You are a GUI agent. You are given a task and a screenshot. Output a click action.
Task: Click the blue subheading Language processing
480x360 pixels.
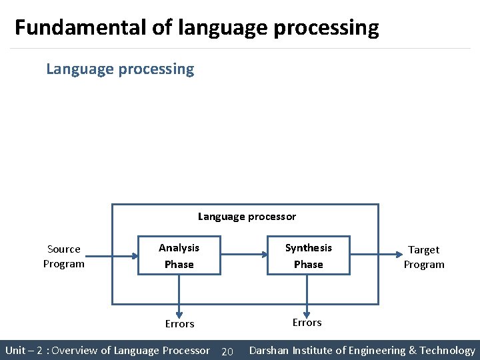[120, 69]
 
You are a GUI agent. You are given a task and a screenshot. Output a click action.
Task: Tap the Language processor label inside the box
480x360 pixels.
[247, 217]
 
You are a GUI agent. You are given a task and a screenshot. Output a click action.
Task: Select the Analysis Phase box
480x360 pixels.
[179, 256]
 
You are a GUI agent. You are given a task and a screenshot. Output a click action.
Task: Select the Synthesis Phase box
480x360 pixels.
[308, 256]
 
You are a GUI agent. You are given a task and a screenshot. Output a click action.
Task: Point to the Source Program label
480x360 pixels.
[64, 256]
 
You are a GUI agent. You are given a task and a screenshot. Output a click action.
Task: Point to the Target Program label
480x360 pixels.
[424, 257]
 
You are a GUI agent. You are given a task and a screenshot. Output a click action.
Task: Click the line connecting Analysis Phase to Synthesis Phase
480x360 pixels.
[243, 255]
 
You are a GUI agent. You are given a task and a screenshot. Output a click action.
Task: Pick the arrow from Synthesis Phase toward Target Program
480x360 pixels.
[373, 255]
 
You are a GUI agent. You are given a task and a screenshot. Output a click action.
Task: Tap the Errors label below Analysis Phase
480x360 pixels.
[180, 324]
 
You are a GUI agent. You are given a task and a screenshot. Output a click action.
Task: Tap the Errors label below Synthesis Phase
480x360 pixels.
[307, 323]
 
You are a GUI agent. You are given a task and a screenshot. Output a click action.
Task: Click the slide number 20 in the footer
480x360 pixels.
[227, 351]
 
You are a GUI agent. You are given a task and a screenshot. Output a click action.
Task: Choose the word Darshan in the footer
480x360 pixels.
[271, 350]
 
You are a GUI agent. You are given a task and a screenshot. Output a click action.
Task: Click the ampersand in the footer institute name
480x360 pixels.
[413, 350]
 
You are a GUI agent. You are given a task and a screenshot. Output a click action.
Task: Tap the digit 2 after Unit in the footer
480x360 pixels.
[40, 351]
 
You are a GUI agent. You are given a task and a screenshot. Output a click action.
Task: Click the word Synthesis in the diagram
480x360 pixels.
[308, 248]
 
